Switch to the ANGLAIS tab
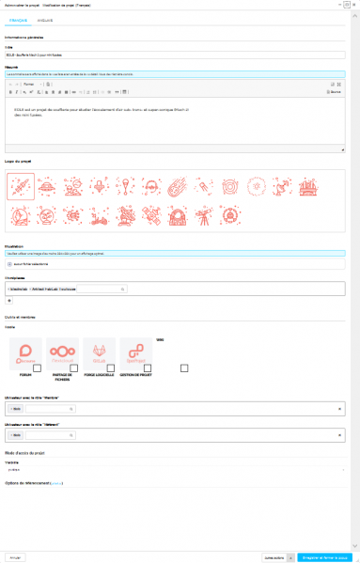tap(44, 19)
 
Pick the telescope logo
tap(309, 216)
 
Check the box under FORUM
tap(35, 368)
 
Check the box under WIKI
tap(185, 368)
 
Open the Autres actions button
tap(275, 556)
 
